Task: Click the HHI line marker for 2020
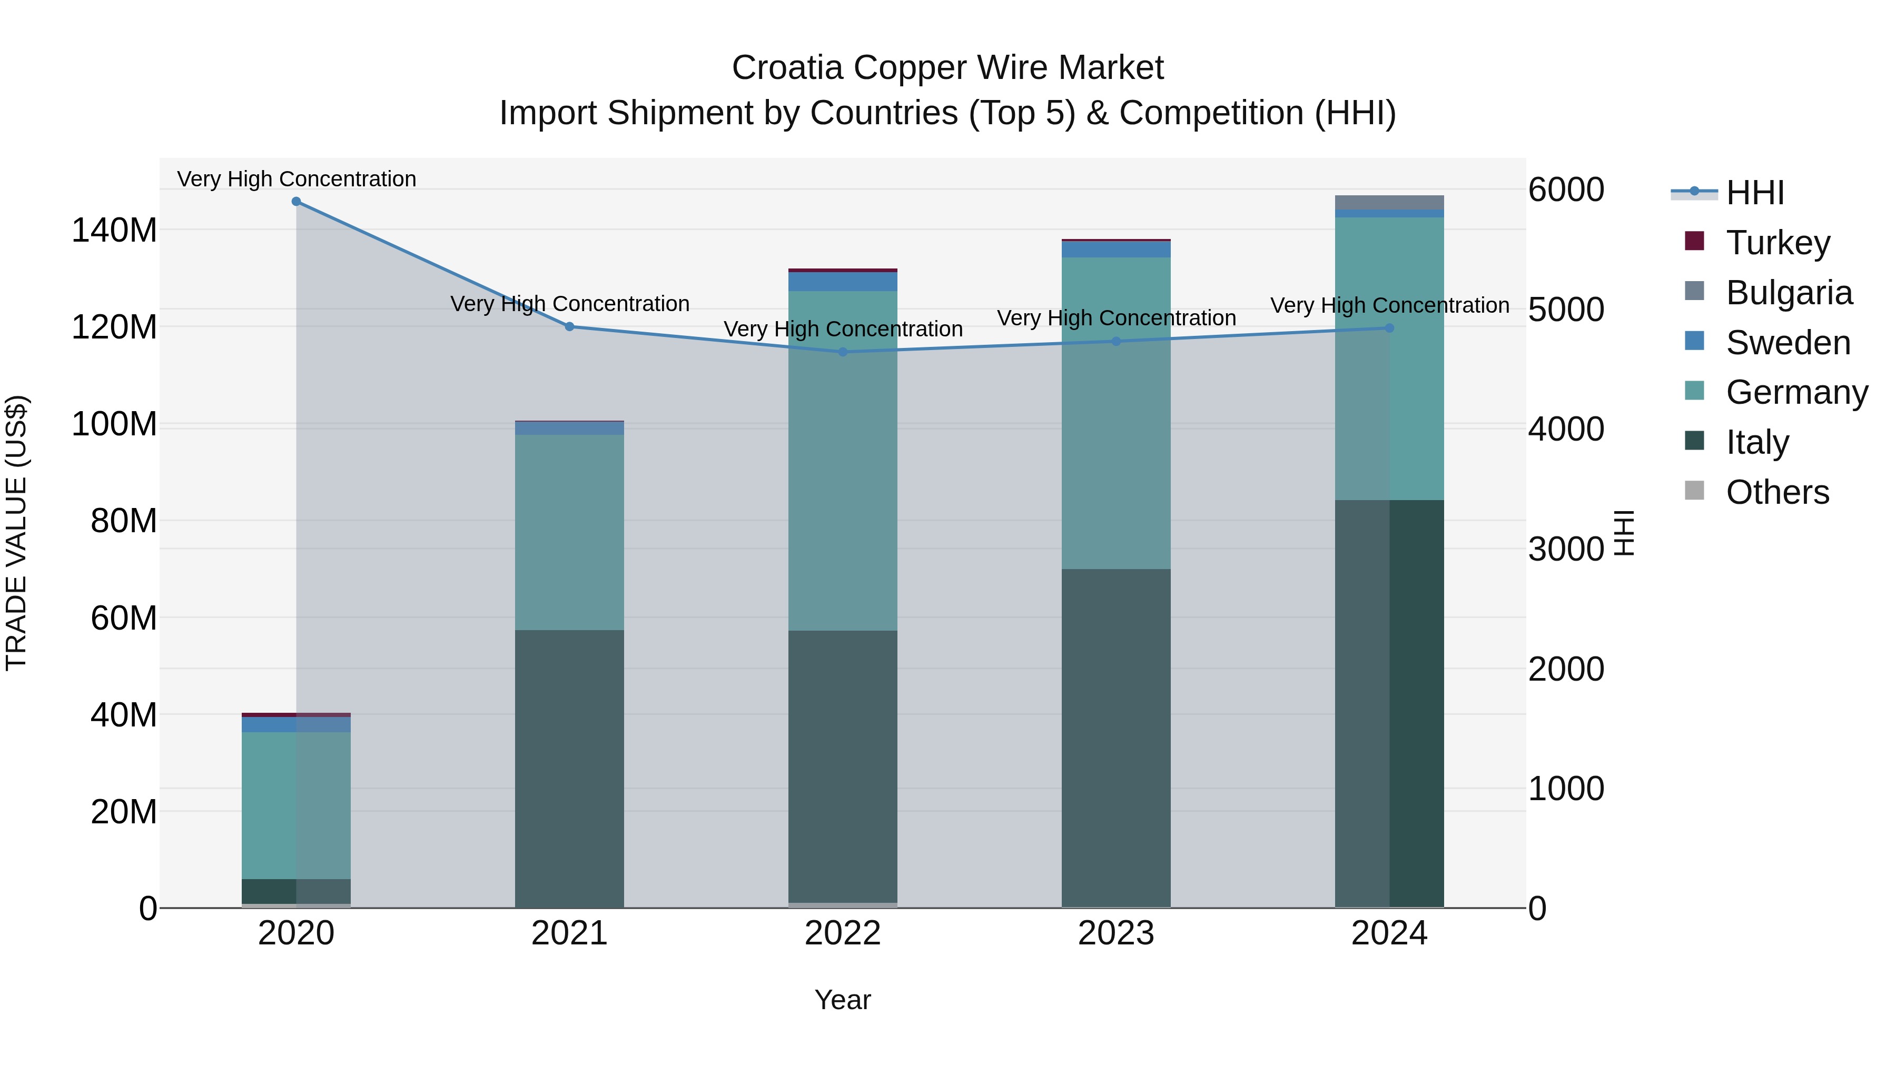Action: [296, 202]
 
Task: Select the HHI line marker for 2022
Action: [843, 352]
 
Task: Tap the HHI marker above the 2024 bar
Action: [1389, 328]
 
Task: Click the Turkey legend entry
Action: [1777, 243]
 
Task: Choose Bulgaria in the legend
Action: [1789, 293]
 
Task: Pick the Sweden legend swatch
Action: [1694, 341]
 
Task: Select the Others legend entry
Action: [1777, 492]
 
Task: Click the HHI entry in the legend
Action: [1755, 193]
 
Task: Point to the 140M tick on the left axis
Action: [114, 230]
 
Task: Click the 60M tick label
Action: [124, 618]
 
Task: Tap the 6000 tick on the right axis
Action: [1566, 190]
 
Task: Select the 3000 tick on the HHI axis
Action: [1566, 550]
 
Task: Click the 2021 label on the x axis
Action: [569, 933]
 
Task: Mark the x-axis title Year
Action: [843, 1000]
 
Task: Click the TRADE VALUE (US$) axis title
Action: [16, 533]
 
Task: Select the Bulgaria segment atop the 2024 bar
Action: [1389, 202]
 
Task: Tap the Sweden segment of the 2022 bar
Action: [843, 282]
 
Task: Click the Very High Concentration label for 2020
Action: [297, 179]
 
